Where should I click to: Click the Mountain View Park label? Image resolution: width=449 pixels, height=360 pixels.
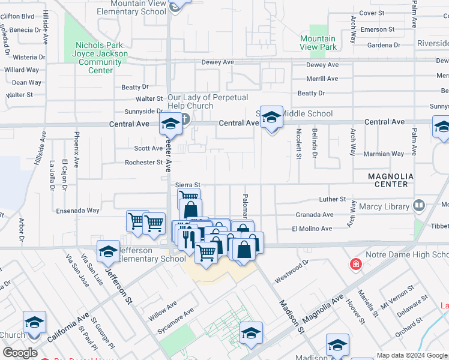[318, 43]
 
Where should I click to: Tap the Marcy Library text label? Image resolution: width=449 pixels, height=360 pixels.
[384, 206]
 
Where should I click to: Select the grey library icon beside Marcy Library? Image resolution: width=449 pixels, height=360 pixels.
[419, 206]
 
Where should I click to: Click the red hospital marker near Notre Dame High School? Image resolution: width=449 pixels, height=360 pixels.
[355, 264]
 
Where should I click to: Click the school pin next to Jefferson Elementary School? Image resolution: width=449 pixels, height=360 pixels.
[108, 252]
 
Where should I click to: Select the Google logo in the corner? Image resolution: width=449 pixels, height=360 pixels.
[20, 353]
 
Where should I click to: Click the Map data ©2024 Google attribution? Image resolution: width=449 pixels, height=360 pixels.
[411, 355]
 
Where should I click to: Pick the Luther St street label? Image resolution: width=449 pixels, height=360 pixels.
[334, 199]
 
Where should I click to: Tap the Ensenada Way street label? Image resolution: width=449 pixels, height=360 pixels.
[77, 211]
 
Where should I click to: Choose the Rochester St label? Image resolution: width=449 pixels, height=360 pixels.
[143, 162]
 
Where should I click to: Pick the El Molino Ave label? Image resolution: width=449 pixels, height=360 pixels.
[312, 229]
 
